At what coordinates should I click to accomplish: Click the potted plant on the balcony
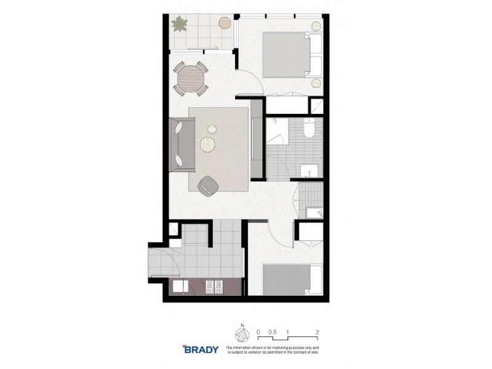(x=180, y=25)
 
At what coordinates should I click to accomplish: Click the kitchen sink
(x=182, y=287)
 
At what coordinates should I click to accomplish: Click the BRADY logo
(x=200, y=349)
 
